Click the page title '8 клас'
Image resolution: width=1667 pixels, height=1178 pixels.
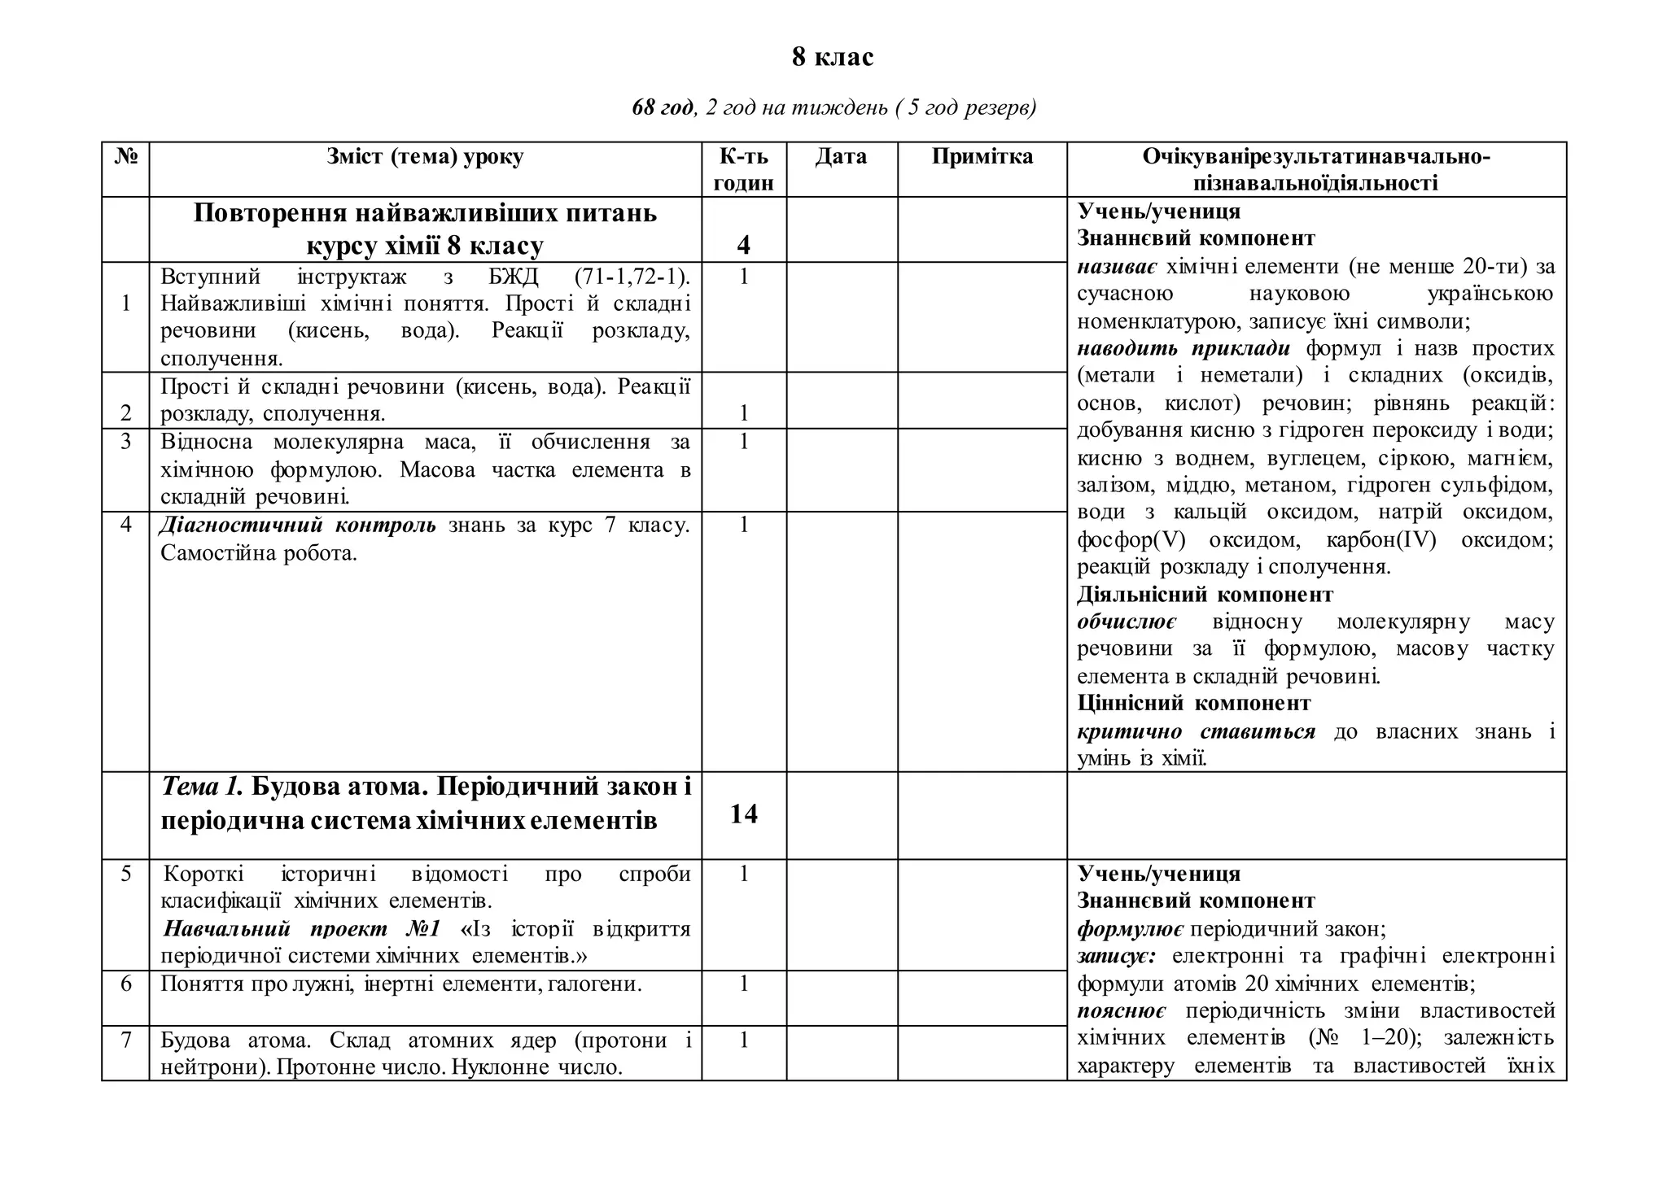tap(833, 58)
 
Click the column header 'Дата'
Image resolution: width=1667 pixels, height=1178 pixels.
tap(841, 157)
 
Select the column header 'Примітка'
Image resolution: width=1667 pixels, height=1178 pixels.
tap(982, 157)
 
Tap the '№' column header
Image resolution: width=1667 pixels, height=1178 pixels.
tap(125, 157)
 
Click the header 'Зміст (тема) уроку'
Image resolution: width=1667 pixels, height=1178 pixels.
tap(425, 157)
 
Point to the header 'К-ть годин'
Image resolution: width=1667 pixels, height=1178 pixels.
tap(743, 169)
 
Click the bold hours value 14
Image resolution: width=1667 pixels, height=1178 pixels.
tap(743, 814)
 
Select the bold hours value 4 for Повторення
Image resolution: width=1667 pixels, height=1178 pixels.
tap(743, 245)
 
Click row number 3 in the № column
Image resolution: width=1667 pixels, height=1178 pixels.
tap(125, 442)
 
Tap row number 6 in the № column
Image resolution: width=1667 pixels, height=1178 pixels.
tap(125, 984)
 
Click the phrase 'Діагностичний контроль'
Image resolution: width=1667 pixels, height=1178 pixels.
tap(298, 526)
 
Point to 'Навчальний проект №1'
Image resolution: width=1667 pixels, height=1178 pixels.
tap(302, 929)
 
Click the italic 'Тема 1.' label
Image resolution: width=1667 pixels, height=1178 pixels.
tap(203, 787)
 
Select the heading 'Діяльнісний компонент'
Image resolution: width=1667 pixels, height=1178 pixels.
tap(1205, 595)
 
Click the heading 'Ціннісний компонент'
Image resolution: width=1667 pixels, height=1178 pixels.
tap(1193, 703)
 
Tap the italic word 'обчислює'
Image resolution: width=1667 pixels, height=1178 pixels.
tap(1127, 622)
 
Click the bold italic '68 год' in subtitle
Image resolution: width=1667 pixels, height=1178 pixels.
tap(663, 107)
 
